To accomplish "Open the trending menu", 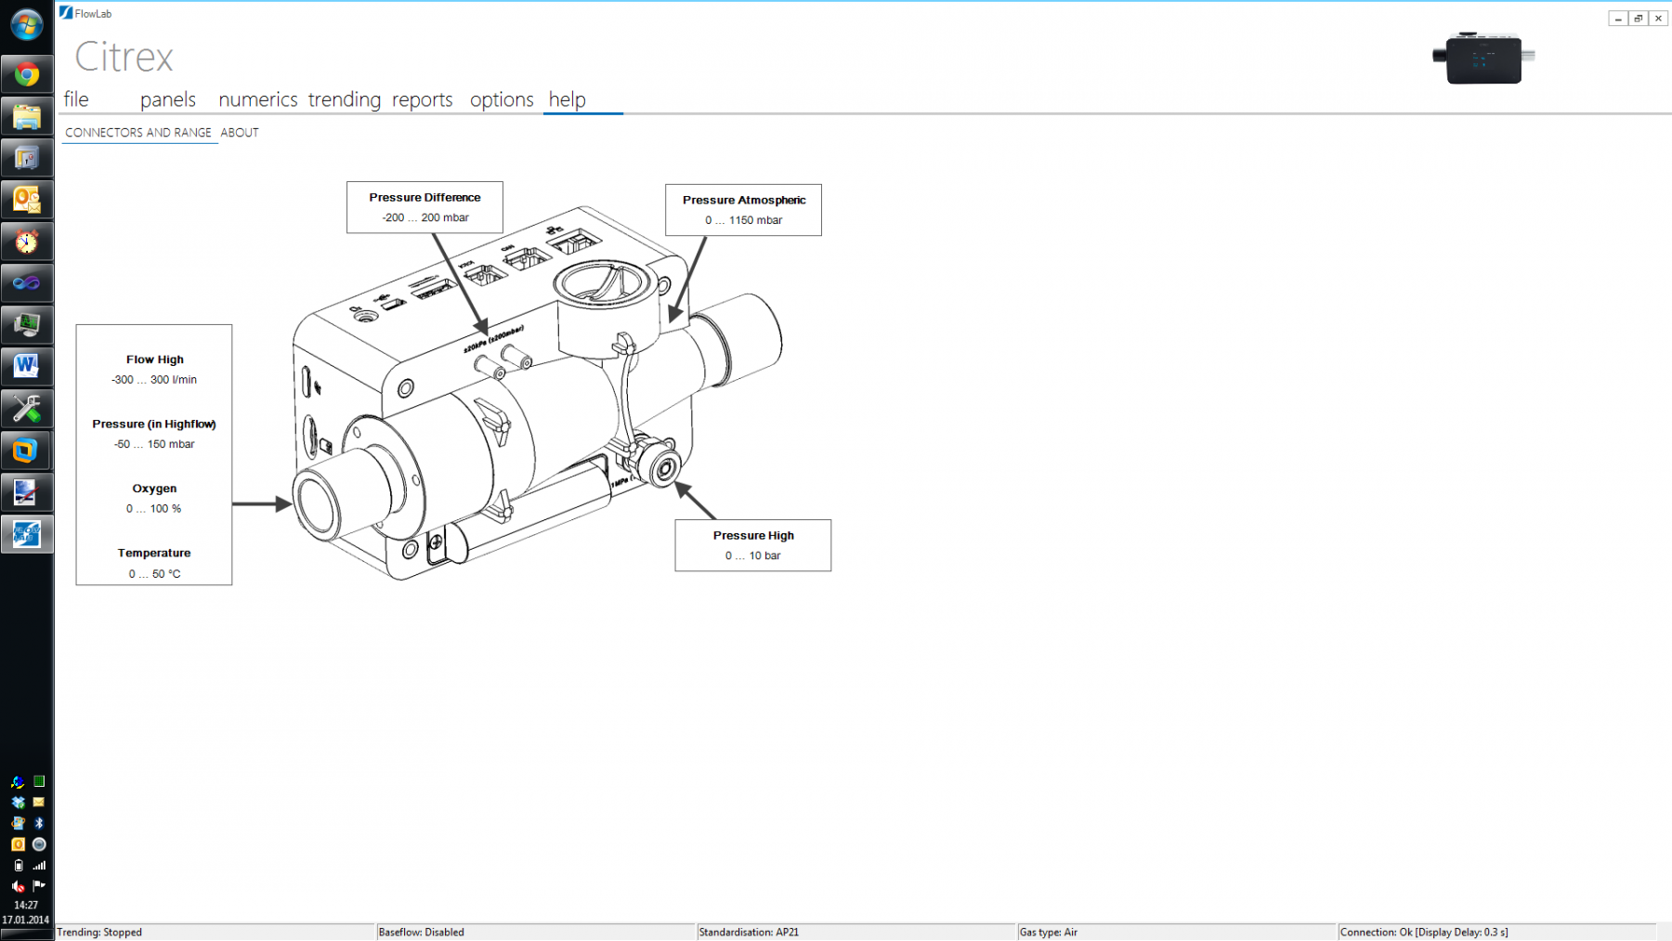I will coord(344,99).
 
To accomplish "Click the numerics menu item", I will coord(257,99).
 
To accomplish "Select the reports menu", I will coord(422,99).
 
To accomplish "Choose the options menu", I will coord(502,99).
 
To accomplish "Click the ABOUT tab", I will coord(240,133).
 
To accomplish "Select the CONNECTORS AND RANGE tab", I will coord(138,133).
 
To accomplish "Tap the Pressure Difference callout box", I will coord(425,207).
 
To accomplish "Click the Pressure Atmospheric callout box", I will coord(743,210).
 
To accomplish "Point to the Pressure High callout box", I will coord(752,545).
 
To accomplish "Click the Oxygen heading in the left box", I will coord(154,489).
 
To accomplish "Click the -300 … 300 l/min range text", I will coord(154,380).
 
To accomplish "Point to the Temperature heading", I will coord(154,553).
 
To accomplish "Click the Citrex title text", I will coord(124,58).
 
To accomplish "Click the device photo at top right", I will coord(1483,59).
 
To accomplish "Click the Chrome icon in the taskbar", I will coord(26,74).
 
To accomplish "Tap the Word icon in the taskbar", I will coord(26,366).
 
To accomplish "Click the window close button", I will coord(1658,19).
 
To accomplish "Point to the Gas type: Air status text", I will coord(1048,932).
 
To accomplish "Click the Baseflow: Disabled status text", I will coord(421,932).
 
